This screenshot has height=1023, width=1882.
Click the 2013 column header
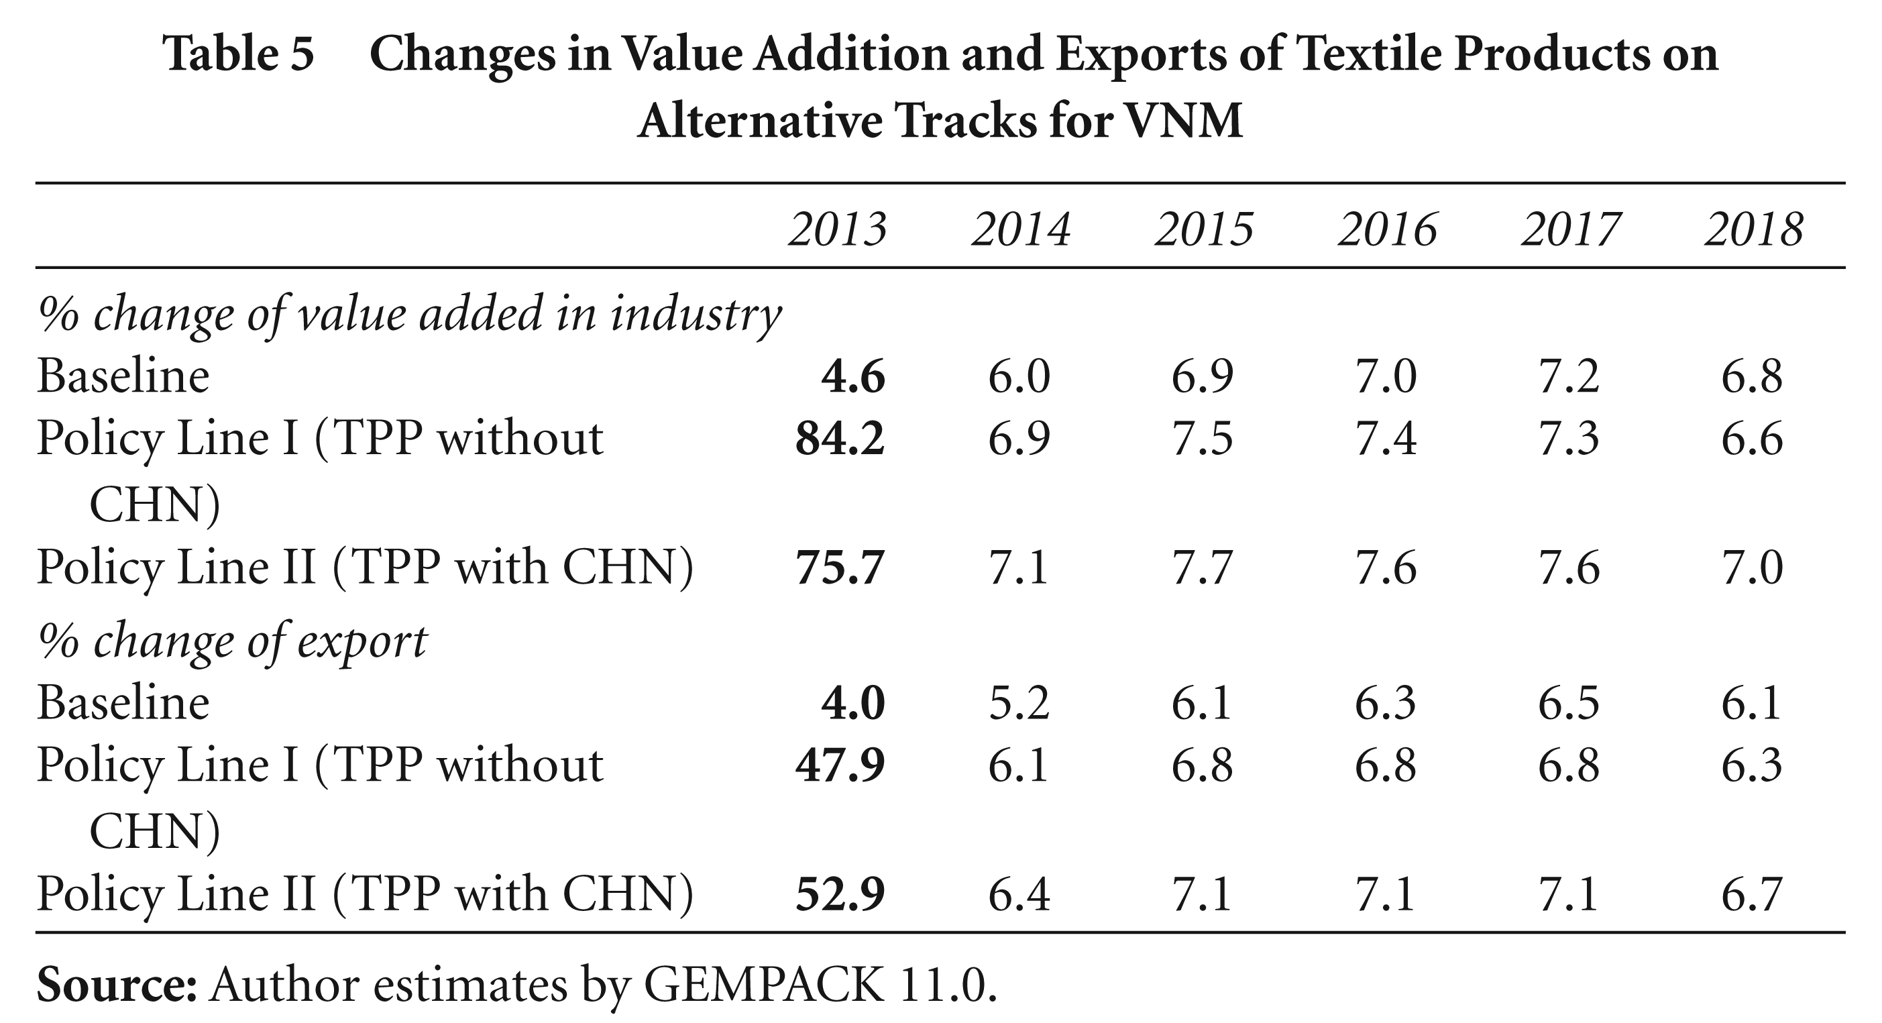tap(837, 229)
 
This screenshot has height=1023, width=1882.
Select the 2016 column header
tap(1388, 229)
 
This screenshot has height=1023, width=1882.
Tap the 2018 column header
tap(1754, 229)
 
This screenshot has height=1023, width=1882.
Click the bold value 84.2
tap(840, 439)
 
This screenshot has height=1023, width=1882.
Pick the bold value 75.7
tap(840, 568)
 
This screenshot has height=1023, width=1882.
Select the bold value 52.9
tap(840, 894)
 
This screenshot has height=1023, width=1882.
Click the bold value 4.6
tap(853, 377)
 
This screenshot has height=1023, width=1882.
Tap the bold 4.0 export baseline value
tap(853, 703)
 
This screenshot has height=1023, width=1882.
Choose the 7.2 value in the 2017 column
tap(1569, 377)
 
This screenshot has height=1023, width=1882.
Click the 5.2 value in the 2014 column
tap(1019, 703)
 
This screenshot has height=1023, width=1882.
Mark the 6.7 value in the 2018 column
tap(1753, 894)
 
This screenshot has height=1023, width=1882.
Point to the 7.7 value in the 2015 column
tap(1203, 568)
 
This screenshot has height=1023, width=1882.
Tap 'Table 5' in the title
tap(238, 54)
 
